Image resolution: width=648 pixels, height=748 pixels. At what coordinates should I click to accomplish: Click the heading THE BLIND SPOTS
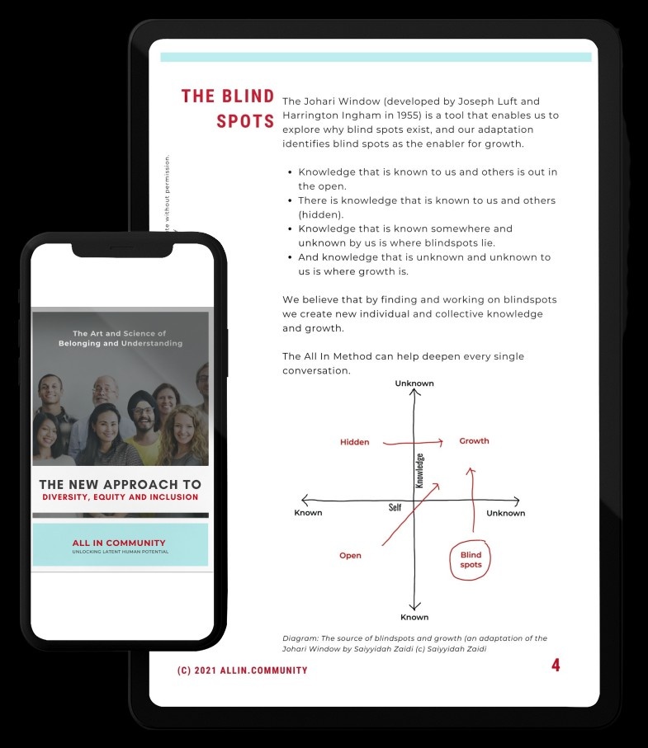pos(228,108)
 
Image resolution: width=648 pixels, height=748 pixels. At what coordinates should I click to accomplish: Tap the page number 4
pos(556,666)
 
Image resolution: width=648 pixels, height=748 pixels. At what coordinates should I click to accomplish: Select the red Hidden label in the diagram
pos(354,442)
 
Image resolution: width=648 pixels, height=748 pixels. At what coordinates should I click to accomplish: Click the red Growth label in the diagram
pos(474,441)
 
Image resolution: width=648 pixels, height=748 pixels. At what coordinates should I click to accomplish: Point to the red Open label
pos(350,556)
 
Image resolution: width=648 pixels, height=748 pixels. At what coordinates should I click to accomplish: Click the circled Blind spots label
pos(471,560)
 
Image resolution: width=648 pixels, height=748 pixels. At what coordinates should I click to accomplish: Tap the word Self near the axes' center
pos(395,507)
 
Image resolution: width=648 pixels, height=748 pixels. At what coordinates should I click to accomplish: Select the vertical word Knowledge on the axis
pos(419,471)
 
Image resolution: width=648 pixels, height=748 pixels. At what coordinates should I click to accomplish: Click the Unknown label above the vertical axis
pos(414,383)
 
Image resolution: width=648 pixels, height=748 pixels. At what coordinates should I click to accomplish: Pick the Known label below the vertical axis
pos(414,617)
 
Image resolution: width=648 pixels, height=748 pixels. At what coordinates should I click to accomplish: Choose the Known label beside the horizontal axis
pos(308,513)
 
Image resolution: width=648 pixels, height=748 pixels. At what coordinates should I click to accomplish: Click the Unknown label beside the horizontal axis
pos(505,513)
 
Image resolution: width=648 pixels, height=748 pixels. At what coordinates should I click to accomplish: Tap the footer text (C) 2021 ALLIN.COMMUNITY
pos(242,670)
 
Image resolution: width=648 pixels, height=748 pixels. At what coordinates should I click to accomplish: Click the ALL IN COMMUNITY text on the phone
pos(119,543)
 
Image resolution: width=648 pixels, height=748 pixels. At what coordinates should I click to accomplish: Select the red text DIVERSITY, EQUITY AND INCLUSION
pos(121,497)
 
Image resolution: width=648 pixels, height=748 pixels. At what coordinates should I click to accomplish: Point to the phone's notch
pos(122,248)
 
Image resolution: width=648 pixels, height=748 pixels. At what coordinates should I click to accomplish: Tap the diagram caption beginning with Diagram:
pos(414,643)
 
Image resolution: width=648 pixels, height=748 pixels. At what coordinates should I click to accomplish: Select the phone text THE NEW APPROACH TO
pos(121,484)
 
